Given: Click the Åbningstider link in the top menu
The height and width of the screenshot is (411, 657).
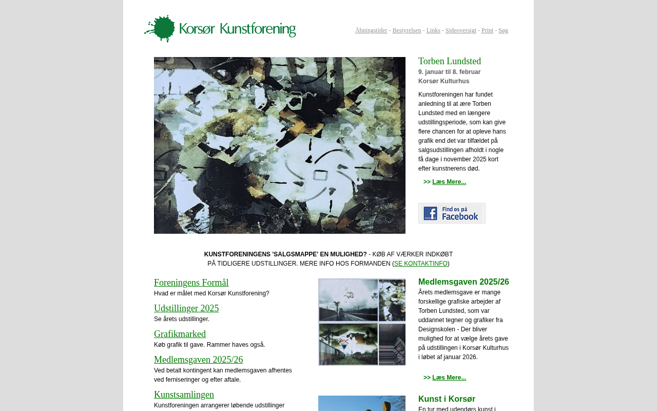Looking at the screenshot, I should click(371, 30).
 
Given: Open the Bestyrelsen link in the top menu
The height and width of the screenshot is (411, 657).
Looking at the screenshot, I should click(407, 30).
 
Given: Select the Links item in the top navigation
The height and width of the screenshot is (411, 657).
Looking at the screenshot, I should click(433, 30).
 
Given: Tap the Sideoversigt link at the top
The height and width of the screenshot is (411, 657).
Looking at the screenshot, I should click(460, 30).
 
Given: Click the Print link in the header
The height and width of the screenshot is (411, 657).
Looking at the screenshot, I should click(487, 30).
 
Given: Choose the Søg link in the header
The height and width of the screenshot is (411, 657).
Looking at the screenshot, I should click(503, 30).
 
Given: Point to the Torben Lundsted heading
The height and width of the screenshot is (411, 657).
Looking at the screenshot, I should click(449, 61).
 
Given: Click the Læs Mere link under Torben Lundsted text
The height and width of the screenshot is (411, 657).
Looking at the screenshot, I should click(449, 182).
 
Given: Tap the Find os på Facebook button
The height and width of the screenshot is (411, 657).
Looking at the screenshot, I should click(452, 213).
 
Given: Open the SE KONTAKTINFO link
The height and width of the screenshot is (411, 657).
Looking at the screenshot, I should click(420, 264).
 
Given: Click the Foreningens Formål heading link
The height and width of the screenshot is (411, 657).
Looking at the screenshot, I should click(191, 283).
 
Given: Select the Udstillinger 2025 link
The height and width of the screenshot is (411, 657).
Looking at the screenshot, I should click(186, 308).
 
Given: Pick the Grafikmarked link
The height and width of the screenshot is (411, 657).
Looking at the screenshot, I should click(180, 334).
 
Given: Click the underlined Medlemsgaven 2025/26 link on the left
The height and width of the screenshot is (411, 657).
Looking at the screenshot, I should click(198, 360).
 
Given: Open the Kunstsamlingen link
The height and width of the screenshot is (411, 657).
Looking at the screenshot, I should click(184, 395).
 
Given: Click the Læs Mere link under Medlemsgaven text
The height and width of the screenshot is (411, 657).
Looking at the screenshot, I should click(449, 378).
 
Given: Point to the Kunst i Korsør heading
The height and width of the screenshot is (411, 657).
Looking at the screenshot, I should click(447, 399).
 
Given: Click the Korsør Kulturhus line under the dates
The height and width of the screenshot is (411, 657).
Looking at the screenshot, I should click(443, 81).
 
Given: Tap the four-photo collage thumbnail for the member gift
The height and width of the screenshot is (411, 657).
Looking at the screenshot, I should click(361, 322).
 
